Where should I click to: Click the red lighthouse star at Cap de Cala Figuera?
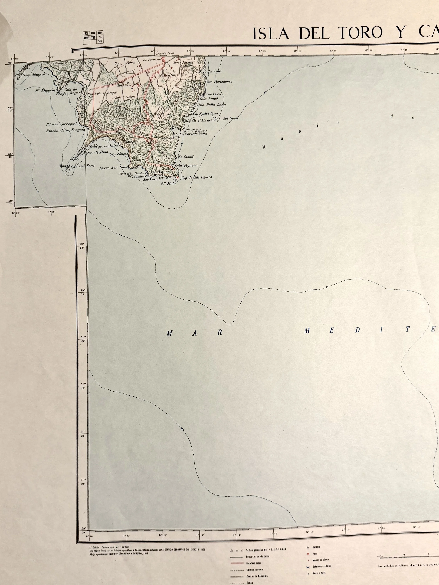point(178,177)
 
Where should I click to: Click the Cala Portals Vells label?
point(191,134)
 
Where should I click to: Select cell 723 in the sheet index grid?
point(93,37)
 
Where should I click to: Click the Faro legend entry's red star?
point(308,554)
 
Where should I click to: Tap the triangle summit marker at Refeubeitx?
point(124,139)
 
